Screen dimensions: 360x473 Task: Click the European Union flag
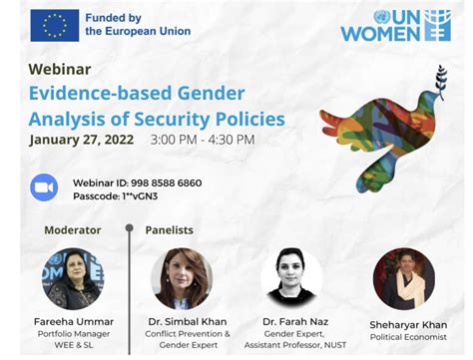pyautogui.click(x=55, y=24)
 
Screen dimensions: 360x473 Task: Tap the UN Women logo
pyautogui.click(x=395, y=26)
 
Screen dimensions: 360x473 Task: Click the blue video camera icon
pyautogui.click(x=44, y=187)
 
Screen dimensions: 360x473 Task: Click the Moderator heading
pyautogui.click(x=73, y=229)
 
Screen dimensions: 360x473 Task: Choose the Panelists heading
pyautogui.click(x=170, y=229)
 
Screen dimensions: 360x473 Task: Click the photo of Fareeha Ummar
pyautogui.click(x=73, y=277)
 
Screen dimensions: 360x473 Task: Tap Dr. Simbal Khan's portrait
pyautogui.click(x=182, y=277)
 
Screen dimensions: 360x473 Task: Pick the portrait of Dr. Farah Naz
pyautogui.click(x=291, y=277)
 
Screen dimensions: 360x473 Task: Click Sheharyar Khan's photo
pyautogui.click(x=403, y=277)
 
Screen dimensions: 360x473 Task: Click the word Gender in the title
pyautogui.click(x=212, y=95)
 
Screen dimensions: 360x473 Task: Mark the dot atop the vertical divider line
pyautogui.click(x=129, y=228)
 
